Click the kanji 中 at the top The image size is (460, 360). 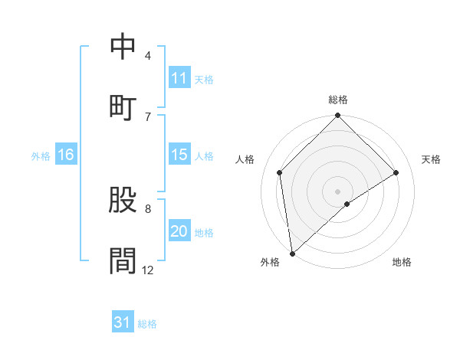[x=123, y=47]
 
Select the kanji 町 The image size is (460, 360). [x=123, y=107]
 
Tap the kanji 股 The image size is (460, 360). [x=123, y=201]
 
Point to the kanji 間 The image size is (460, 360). [x=123, y=260]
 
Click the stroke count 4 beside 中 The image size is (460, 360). [x=148, y=56]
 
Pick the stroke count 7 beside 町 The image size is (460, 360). [x=148, y=116]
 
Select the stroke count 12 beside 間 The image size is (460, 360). [x=147, y=270]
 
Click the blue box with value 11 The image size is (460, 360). [x=179, y=78]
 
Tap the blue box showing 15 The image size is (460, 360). [x=179, y=155]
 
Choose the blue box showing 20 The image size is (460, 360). [x=179, y=231]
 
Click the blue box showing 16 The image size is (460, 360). [x=66, y=155]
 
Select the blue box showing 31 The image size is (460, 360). [x=123, y=322]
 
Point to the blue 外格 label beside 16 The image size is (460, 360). [x=41, y=155]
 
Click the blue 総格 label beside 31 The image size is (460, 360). [x=147, y=324]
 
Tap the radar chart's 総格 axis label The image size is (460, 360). [x=338, y=100]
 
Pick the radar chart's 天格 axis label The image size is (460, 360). [x=432, y=159]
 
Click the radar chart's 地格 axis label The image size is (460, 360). [x=402, y=262]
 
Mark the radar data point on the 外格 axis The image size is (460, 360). [x=292, y=254]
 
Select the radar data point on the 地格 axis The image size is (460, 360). [x=347, y=204]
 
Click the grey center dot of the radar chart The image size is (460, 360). [x=338, y=191]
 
